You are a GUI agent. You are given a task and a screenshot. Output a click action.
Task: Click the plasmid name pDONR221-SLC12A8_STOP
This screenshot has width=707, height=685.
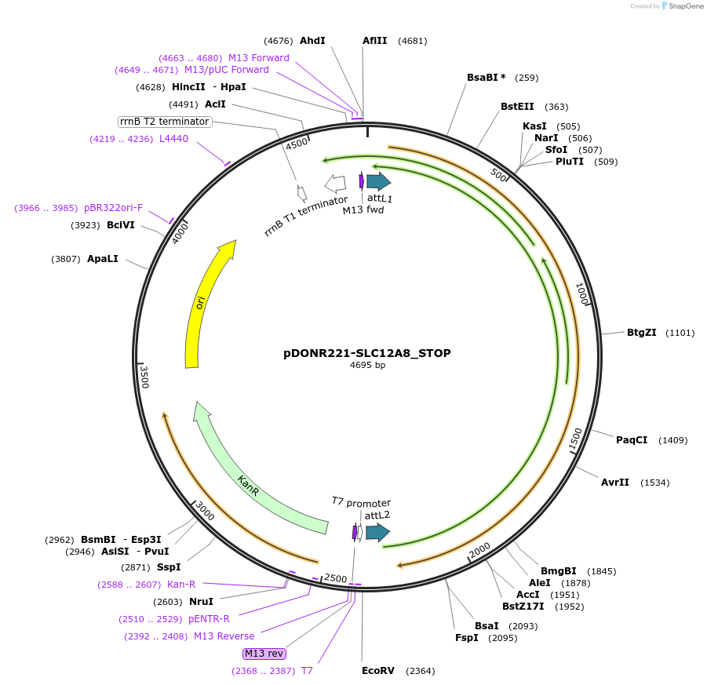[367, 353]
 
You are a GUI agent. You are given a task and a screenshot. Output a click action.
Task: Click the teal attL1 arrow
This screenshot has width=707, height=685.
[378, 182]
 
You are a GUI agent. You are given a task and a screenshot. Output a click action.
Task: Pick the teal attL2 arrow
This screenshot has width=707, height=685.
[377, 533]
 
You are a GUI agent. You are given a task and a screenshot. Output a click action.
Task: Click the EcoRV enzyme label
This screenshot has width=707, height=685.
[378, 670]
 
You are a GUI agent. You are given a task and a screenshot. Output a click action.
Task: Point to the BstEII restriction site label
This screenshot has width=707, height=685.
[517, 107]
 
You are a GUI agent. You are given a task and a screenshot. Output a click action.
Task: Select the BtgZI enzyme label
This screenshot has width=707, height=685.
[641, 333]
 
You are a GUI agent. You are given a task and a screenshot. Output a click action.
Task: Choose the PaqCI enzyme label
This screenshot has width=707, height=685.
[632, 439]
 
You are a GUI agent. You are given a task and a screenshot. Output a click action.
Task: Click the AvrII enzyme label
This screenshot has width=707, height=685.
[615, 482]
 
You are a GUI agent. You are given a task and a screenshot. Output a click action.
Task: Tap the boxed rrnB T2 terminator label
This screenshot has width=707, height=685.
[165, 122]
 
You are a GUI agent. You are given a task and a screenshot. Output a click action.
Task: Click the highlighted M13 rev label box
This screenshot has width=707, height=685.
[264, 653]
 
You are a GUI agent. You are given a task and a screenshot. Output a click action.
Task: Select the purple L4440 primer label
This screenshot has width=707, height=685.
[173, 139]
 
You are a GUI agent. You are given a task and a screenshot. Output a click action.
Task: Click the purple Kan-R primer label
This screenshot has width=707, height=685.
[181, 584]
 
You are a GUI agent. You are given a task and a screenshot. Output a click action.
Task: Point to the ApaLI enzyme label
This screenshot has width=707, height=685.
[103, 258]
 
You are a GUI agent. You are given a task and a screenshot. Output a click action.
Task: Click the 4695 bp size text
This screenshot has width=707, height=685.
[367, 365]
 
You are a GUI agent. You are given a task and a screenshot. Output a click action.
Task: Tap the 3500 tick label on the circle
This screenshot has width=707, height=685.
[144, 377]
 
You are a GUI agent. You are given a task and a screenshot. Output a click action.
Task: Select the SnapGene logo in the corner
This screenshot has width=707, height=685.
[680, 6]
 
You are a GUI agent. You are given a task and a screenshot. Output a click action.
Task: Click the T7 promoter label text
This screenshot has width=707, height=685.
[361, 502]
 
